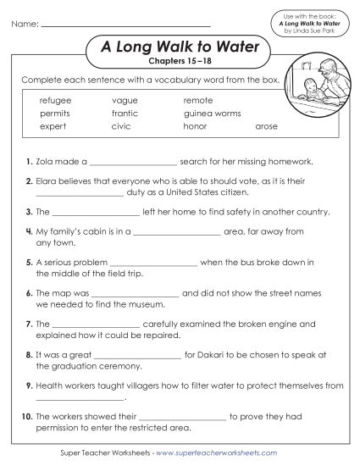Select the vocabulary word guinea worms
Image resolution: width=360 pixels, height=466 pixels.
point(212,113)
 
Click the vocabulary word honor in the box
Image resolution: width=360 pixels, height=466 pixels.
point(195,125)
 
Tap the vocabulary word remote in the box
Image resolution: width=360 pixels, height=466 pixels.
point(198,100)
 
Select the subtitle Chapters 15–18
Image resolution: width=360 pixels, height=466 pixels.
point(171,63)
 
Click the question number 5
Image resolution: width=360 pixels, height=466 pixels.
point(29,263)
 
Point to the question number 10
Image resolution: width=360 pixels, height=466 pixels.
point(27,416)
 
